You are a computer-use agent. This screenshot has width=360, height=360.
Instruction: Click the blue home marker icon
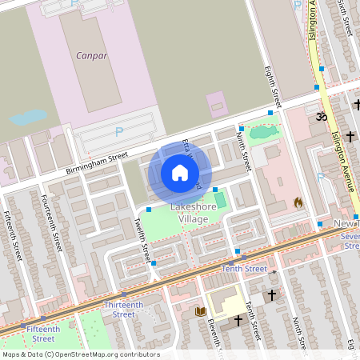point(179,173)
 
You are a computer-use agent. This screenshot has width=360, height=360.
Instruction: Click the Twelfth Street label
point(142,240)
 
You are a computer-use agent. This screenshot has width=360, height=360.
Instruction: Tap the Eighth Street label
point(274,88)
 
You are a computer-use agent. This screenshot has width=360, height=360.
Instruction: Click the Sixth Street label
point(345,17)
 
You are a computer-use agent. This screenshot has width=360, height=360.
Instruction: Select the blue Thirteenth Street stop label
point(112,310)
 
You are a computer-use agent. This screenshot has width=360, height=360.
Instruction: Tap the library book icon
point(200,311)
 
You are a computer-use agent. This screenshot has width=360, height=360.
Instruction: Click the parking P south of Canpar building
point(120,132)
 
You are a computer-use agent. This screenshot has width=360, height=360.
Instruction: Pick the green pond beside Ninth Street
point(258,133)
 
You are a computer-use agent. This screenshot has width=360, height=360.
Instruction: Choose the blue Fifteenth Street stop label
point(42,329)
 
